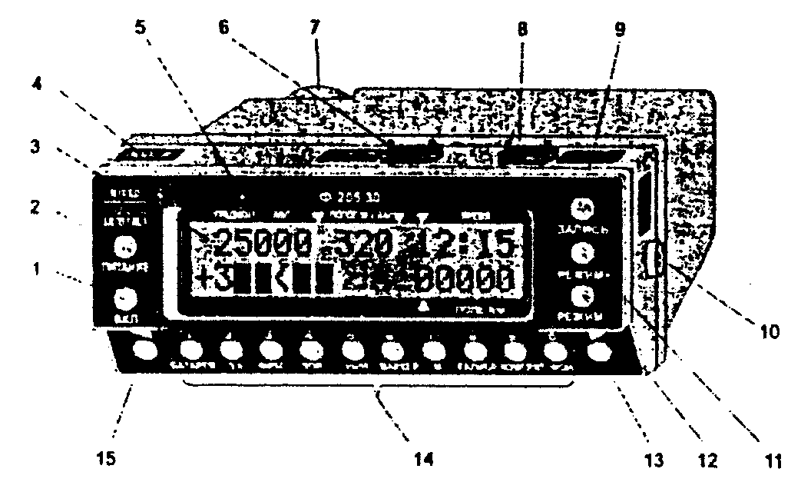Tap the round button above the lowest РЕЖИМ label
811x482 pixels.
pos(586,297)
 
